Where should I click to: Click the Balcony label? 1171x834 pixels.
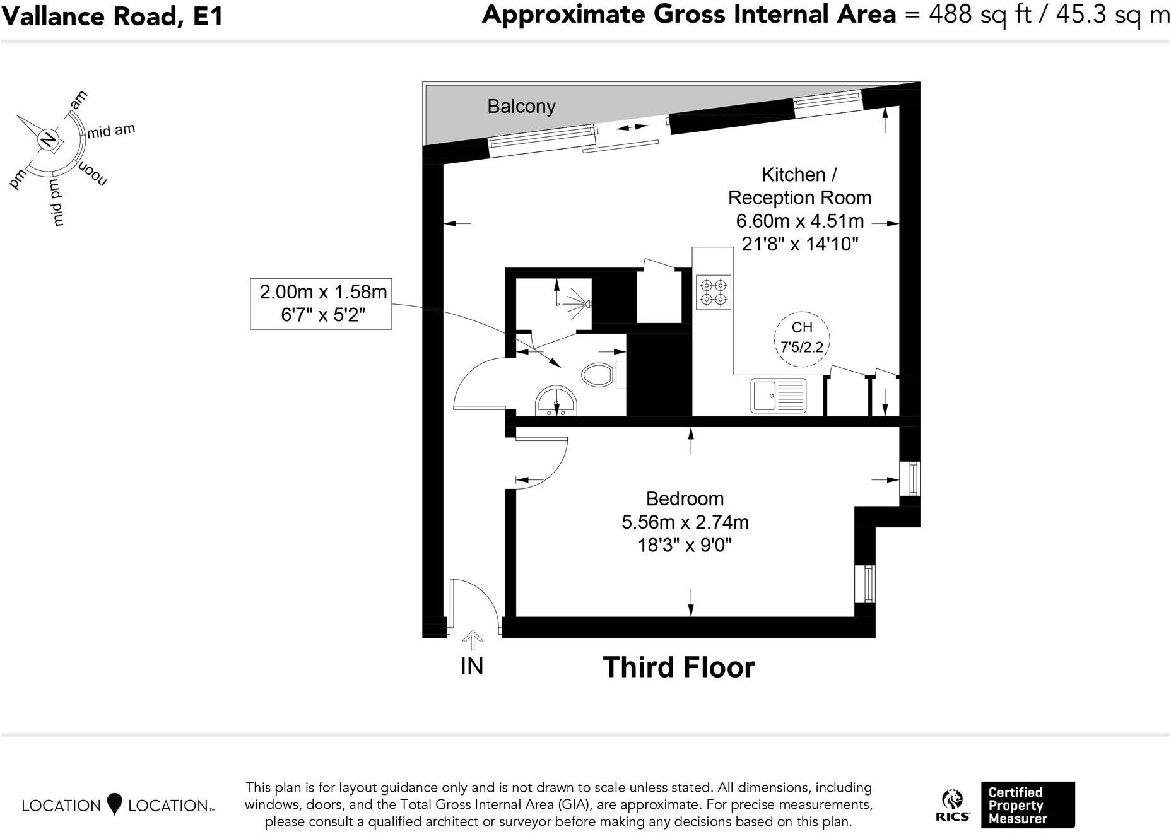521,106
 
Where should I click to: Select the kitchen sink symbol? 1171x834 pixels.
778,396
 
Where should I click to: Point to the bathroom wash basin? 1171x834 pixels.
556,402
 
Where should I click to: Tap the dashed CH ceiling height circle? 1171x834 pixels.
802,339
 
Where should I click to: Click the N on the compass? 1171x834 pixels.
47,139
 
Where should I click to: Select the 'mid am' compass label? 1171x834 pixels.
111,131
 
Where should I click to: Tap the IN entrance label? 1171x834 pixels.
472,666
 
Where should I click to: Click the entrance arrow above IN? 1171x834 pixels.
472,640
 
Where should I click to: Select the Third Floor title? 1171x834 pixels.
679,667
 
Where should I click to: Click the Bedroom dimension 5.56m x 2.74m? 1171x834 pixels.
685,522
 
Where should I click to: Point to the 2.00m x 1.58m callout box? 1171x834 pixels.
321,303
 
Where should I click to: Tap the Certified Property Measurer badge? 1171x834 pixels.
1027,805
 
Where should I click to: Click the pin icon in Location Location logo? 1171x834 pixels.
114,804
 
